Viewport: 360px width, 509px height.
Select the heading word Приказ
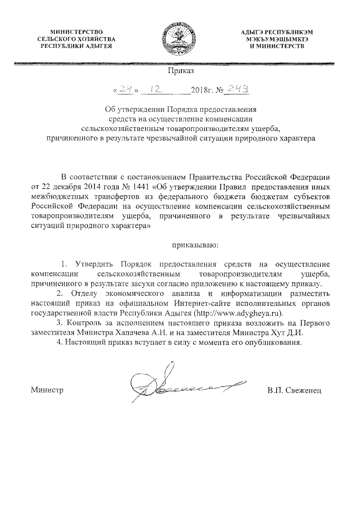(180, 71)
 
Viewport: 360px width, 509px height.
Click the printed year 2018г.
(200, 90)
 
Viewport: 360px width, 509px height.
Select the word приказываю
(194, 245)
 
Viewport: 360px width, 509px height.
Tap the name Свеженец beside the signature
(304, 390)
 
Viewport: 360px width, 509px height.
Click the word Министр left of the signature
(46, 390)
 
